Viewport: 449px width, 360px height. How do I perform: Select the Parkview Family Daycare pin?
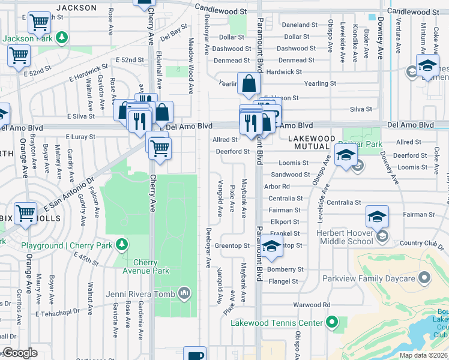(x=425, y=278)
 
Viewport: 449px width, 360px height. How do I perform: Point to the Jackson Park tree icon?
(x=61, y=38)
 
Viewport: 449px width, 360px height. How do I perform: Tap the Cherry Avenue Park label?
(x=151, y=267)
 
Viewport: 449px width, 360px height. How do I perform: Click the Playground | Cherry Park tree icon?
(x=122, y=245)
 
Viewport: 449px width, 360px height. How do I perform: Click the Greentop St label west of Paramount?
(x=232, y=246)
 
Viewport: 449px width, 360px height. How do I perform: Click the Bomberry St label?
(x=283, y=270)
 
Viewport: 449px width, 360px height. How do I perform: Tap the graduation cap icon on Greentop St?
(x=271, y=246)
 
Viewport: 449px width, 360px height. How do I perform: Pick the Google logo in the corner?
(x=20, y=353)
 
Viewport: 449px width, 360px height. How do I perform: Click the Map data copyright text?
(x=424, y=355)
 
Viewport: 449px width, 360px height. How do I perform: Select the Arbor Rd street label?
(x=277, y=187)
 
